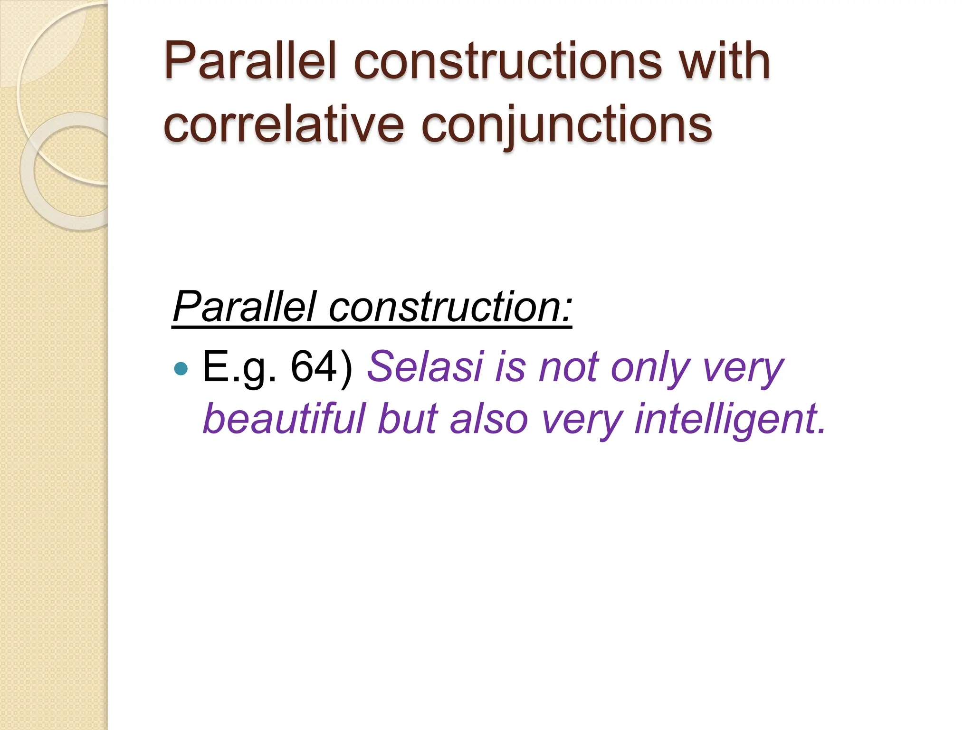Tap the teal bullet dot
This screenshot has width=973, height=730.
181,368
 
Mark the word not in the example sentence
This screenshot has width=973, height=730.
568,367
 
